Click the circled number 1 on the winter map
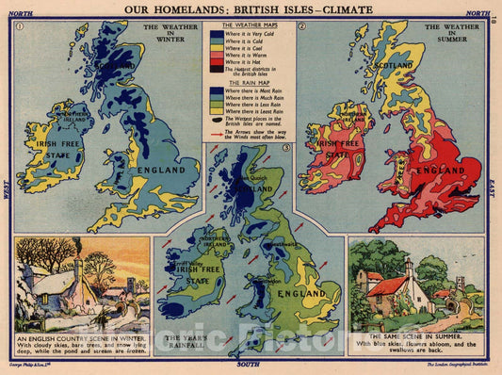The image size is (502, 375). tap(18, 26)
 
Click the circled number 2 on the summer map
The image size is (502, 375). tap(301, 26)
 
